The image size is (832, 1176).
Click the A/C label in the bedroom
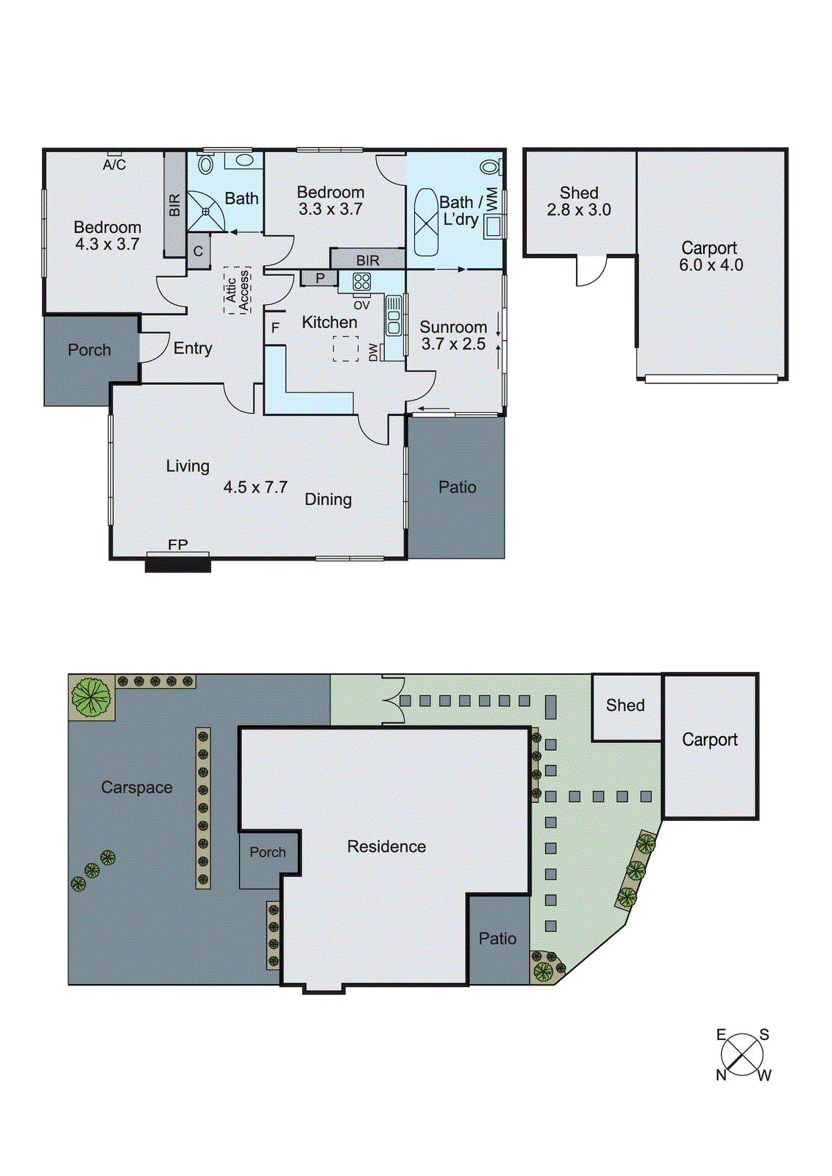[114, 165]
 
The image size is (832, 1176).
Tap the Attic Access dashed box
[237, 290]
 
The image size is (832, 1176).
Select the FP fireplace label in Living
[177, 545]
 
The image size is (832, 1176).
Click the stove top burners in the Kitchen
[361, 282]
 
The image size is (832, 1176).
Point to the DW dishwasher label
[373, 352]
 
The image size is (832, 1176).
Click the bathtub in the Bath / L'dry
[426, 222]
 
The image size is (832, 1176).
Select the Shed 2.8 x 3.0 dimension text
[579, 210]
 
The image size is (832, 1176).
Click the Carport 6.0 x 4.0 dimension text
[711, 265]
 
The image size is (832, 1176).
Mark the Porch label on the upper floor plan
[89, 350]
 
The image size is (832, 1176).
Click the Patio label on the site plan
[497, 939]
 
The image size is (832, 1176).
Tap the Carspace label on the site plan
[137, 787]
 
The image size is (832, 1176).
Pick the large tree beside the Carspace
[91, 697]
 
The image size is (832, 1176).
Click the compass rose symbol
[742, 1055]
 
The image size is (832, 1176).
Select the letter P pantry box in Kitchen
[319, 279]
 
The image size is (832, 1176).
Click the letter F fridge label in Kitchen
[275, 328]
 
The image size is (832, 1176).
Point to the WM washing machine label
[492, 198]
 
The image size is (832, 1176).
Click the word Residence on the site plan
[386, 847]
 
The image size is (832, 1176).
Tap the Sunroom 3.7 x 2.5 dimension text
[453, 344]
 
